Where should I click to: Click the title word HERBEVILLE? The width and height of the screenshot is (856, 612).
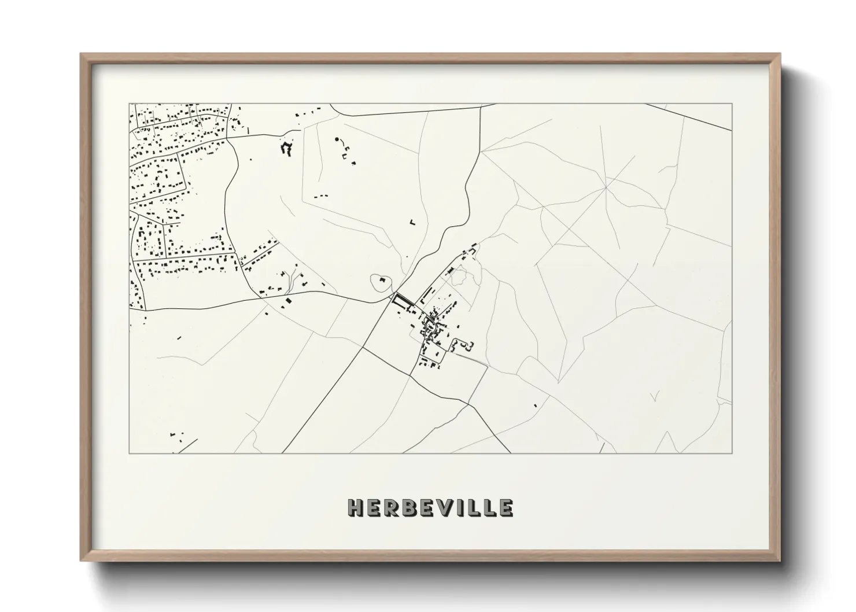430,508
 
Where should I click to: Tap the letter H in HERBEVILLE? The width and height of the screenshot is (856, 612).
355,508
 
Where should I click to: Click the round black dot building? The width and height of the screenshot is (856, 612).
337,139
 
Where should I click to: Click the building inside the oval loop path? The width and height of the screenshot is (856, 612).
382,281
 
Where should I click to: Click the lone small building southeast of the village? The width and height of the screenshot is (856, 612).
536,404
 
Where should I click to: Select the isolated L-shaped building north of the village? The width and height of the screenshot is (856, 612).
412,221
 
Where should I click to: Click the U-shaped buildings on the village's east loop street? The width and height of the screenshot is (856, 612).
465,345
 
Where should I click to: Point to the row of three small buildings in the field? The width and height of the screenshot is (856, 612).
321,196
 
